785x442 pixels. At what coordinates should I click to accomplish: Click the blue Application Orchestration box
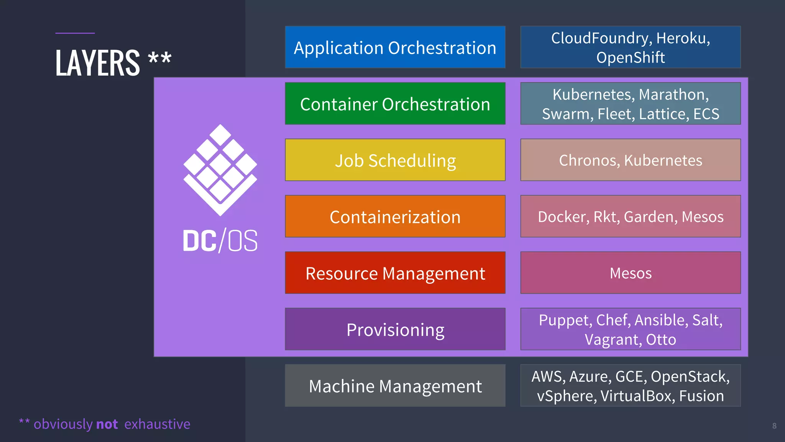pos(395,47)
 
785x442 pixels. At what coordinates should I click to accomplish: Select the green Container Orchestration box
pos(395,104)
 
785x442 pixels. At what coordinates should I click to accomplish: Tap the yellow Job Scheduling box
pos(395,160)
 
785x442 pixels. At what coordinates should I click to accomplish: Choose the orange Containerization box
pos(395,216)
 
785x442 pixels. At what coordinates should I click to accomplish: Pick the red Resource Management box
pos(395,273)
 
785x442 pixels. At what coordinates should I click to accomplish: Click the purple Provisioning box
pos(395,329)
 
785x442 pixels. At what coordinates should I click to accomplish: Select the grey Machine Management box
pos(395,386)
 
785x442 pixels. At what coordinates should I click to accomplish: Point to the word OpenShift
pos(631,58)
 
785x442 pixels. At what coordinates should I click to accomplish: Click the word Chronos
pos(587,160)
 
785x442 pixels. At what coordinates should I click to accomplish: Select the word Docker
pos(562,217)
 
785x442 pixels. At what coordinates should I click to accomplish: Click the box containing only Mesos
pos(631,273)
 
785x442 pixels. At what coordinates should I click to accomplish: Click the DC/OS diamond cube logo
pos(220,169)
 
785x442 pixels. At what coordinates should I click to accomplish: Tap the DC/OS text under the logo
pos(220,241)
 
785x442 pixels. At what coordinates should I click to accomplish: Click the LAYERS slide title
pos(98,63)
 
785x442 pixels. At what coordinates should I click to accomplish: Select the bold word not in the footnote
pos(107,424)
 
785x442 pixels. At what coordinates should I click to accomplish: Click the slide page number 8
pos(774,426)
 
